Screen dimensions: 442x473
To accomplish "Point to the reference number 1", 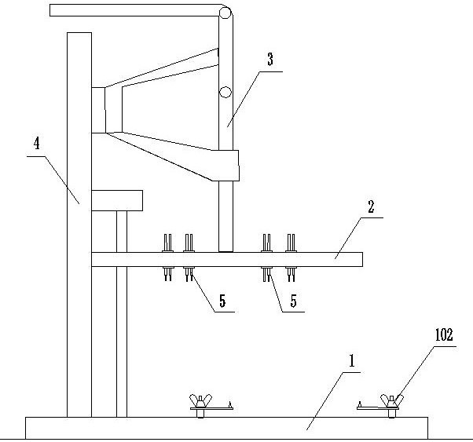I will click(x=353, y=362).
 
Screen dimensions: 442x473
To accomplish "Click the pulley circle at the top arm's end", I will click(x=225, y=13).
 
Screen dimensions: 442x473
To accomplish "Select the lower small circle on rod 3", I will click(x=225, y=92).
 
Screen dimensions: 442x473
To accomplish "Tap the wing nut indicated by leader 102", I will click(x=390, y=403).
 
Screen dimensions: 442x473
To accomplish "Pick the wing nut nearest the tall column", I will click(x=199, y=403).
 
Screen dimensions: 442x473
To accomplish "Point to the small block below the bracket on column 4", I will click(x=117, y=200).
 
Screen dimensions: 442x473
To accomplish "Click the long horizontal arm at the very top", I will click(x=134, y=10).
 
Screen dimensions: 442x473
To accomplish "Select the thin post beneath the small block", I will click(x=122, y=314).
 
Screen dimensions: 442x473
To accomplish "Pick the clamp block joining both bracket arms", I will click(x=98, y=110).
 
